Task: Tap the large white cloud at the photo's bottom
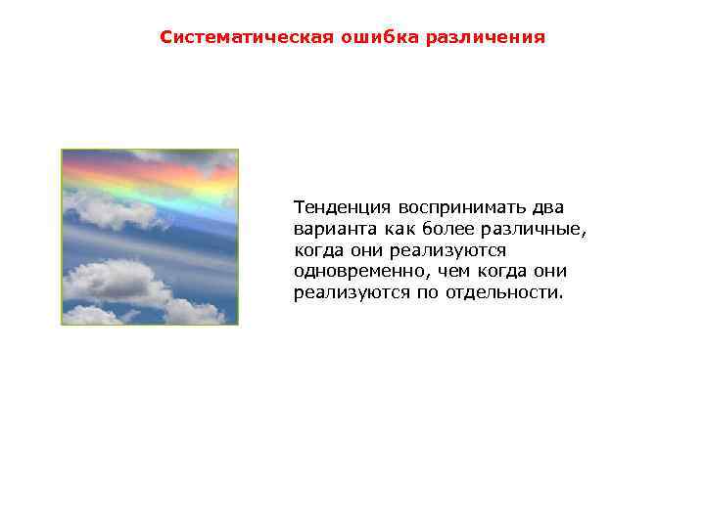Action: tap(113, 281)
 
